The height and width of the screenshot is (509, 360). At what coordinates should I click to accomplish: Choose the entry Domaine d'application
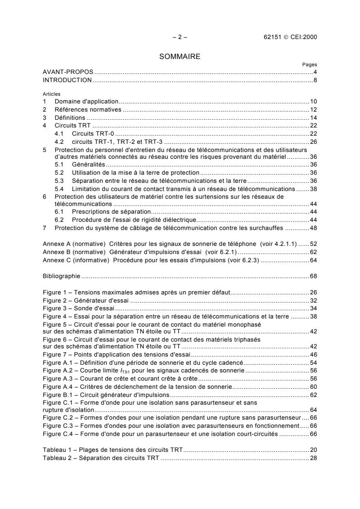tap(86, 101)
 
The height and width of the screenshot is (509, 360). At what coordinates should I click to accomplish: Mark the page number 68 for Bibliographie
tap(313, 275)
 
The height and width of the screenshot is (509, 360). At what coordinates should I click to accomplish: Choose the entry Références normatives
tap(88, 109)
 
